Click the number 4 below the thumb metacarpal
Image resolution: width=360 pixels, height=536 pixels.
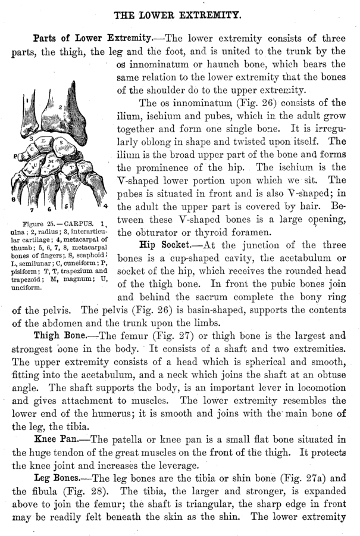click(x=105, y=205)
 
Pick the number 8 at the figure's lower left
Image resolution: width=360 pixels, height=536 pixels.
click(x=13, y=200)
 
